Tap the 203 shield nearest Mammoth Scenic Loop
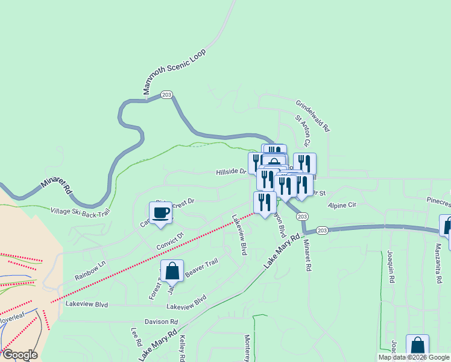pos(167,95)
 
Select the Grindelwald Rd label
pos(312,116)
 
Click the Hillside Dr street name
pos(232,172)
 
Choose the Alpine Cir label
pos(342,205)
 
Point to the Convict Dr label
pos(169,240)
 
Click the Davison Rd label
pos(161,322)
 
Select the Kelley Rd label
pos(182,349)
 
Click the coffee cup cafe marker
pos(160,213)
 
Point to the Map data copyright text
pos(414,358)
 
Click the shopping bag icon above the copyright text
pos(417,346)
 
